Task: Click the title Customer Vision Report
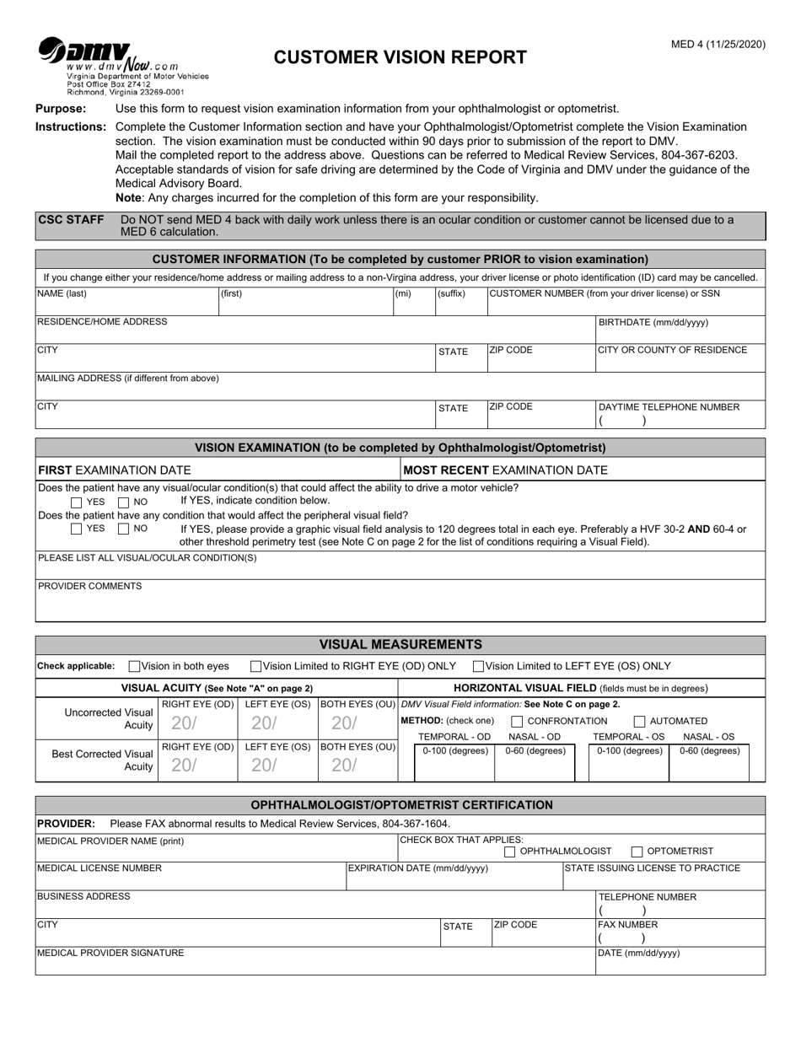pos(400,57)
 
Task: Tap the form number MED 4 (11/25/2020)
pos(718,45)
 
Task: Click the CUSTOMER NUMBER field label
pos(605,293)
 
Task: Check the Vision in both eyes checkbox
pos(135,666)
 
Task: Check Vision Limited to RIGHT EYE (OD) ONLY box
pos(256,666)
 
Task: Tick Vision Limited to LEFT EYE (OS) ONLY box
pos(479,666)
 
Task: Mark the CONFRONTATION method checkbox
pos(516,722)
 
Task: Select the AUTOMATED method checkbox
pos(639,722)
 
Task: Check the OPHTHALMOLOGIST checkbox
pos(510,852)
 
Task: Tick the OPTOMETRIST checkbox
pos(637,852)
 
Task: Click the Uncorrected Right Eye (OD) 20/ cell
pos(197,723)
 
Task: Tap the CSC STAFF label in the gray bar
pos(71,220)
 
